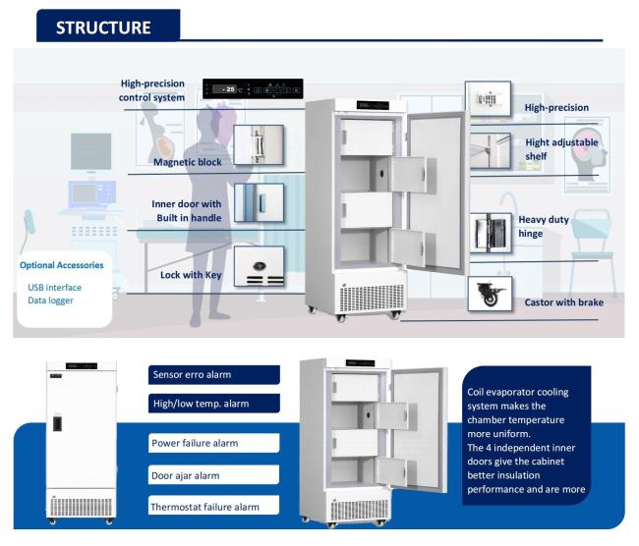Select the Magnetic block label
(x=188, y=161)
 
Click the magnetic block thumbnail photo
(x=259, y=143)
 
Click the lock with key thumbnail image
(x=259, y=266)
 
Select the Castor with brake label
(x=563, y=302)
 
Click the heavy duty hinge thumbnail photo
(x=489, y=233)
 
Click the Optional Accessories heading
(x=61, y=265)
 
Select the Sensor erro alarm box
(x=213, y=374)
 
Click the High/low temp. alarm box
(x=213, y=403)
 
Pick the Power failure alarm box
(x=213, y=443)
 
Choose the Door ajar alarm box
(x=213, y=475)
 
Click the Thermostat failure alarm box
(x=213, y=507)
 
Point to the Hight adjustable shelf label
(x=560, y=147)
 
